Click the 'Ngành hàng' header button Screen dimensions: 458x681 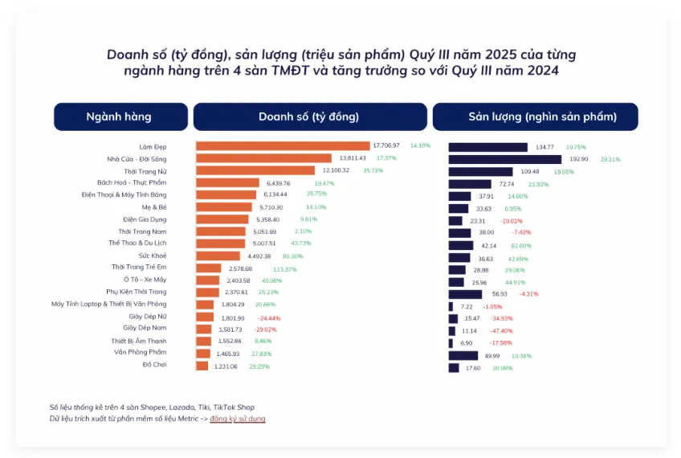coord(120,117)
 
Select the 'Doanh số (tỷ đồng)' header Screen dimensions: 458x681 coord(308,117)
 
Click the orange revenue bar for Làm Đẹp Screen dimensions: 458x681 coord(282,146)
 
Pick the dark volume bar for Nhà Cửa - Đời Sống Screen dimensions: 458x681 coord(504,159)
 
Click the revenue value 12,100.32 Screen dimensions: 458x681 coord(336,171)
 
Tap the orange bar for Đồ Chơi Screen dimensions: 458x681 coord(202,366)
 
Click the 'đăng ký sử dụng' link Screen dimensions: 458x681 coord(238,419)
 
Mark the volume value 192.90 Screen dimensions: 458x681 coord(578,159)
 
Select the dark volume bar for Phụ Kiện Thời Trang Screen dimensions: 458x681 coord(465,294)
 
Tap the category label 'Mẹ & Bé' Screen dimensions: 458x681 coord(153,207)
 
